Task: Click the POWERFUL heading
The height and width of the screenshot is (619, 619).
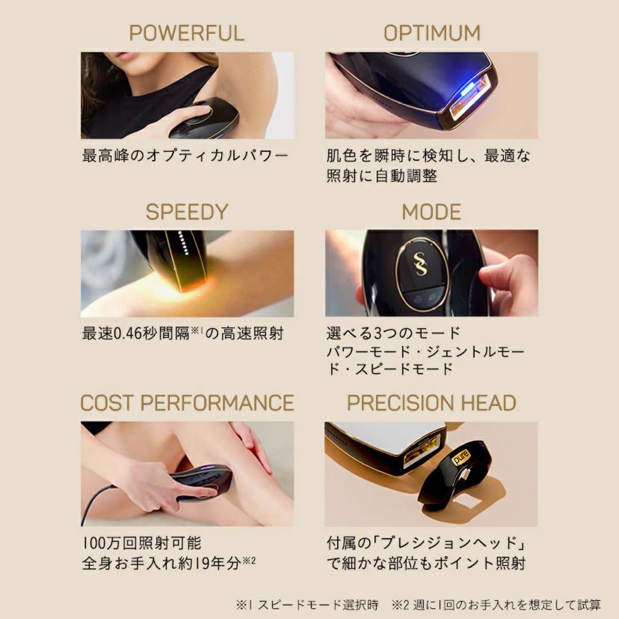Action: pyautogui.click(x=186, y=33)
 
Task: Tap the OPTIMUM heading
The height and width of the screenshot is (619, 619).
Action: pyautogui.click(x=431, y=33)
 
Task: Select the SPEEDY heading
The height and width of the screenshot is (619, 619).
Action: pyautogui.click(x=186, y=212)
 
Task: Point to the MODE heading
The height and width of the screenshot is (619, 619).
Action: pyautogui.click(x=431, y=212)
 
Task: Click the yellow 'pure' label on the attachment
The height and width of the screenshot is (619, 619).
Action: pyautogui.click(x=462, y=458)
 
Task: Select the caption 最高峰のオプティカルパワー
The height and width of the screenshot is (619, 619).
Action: pyautogui.click(x=185, y=155)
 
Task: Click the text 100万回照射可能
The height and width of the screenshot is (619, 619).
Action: pyautogui.click(x=142, y=542)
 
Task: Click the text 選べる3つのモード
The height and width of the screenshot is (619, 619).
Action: pyautogui.click(x=393, y=332)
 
